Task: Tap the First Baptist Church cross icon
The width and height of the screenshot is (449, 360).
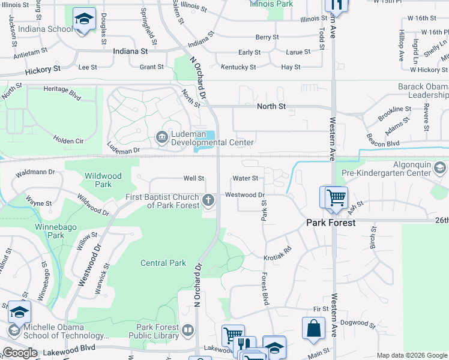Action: coord(209,201)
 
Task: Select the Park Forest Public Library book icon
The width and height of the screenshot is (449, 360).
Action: coord(188,331)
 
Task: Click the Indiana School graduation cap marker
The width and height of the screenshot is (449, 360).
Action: coord(84,20)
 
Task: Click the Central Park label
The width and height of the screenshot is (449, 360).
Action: coord(163,263)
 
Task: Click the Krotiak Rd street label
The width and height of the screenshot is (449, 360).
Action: coord(277,253)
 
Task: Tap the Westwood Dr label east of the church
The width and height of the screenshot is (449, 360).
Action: coord(245,195)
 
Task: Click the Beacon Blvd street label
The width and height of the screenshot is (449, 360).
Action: coord(383,144)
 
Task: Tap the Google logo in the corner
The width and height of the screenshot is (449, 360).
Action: coord(20,353)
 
